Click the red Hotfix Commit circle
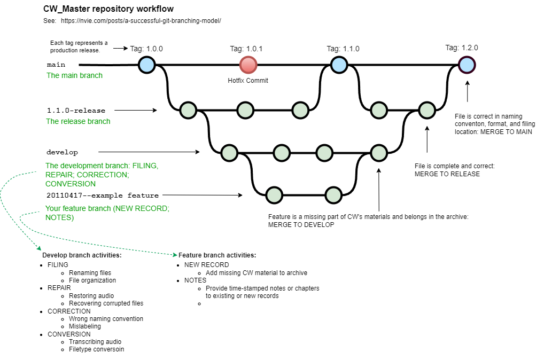(x=248, y=65)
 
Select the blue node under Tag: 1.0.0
(x=146, y=65)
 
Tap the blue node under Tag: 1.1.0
(x=339, y=65)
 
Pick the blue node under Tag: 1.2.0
(x=467, y=65)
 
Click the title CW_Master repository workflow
(x=108, y=9)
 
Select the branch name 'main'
(x=56, y=65)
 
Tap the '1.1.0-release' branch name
(x=76, y=111)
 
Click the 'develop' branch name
(x=62, y=152)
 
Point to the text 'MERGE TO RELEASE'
(x=447, y=174)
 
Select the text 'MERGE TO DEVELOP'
(x=301, y=225)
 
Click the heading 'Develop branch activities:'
(x=82, y=255)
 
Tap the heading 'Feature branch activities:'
(x=217, y=255)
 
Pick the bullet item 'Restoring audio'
(x=91, y=296)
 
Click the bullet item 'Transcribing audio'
(x=95, y=342)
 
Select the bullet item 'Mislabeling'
(x=86, y=326)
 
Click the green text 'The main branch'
(x=74, y=75)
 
